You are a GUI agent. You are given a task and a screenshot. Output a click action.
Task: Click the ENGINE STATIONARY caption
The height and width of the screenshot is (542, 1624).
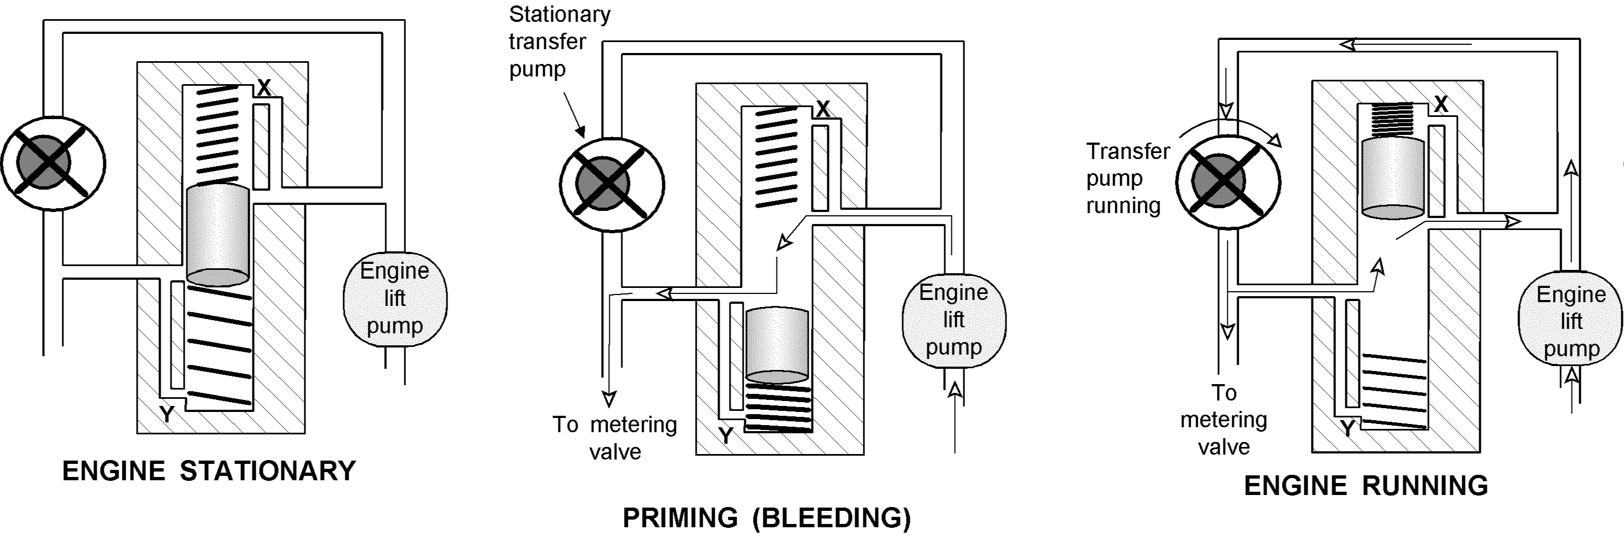click(x=209, y=472)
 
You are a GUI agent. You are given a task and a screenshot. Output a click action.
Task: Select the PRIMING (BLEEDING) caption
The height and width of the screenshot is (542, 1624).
click(x=767, y=518)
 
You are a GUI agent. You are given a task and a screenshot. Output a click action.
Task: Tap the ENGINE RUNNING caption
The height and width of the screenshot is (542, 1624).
click(x=1366, y=486)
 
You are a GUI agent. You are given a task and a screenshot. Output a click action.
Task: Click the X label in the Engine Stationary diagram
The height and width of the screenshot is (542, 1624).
click(x=264, y=87)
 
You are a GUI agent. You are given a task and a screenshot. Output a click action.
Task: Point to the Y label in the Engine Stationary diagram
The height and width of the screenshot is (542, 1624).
click(x=167, y=414)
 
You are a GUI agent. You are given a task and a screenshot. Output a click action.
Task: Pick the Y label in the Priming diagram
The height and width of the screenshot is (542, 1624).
click(x=726, y=435)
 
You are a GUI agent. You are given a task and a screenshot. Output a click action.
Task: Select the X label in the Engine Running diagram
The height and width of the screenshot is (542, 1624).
click(x=1441, y=104)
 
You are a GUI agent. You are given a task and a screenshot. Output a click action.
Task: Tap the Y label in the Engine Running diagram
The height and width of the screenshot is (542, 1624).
click(x=1348, y=428)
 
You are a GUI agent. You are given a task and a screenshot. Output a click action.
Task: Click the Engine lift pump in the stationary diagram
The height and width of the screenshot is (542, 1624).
click(x=395, y=299)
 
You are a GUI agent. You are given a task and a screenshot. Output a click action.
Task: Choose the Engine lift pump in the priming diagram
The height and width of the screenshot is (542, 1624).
click(x=954, y=320)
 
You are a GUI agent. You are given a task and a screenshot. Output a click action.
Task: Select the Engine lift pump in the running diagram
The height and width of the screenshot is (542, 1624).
click(x=1570, y=321)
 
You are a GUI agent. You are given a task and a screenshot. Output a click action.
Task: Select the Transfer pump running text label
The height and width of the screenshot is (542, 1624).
click(x=1127, y=178)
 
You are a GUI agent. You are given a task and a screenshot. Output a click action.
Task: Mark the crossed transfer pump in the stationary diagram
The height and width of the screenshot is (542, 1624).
click(x=53, y=163)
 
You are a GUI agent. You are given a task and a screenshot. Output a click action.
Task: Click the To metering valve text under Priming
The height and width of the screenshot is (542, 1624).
click(x=615, y=438)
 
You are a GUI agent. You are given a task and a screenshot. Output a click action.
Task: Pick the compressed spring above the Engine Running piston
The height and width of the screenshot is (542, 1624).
click(x=1393, y=120)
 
